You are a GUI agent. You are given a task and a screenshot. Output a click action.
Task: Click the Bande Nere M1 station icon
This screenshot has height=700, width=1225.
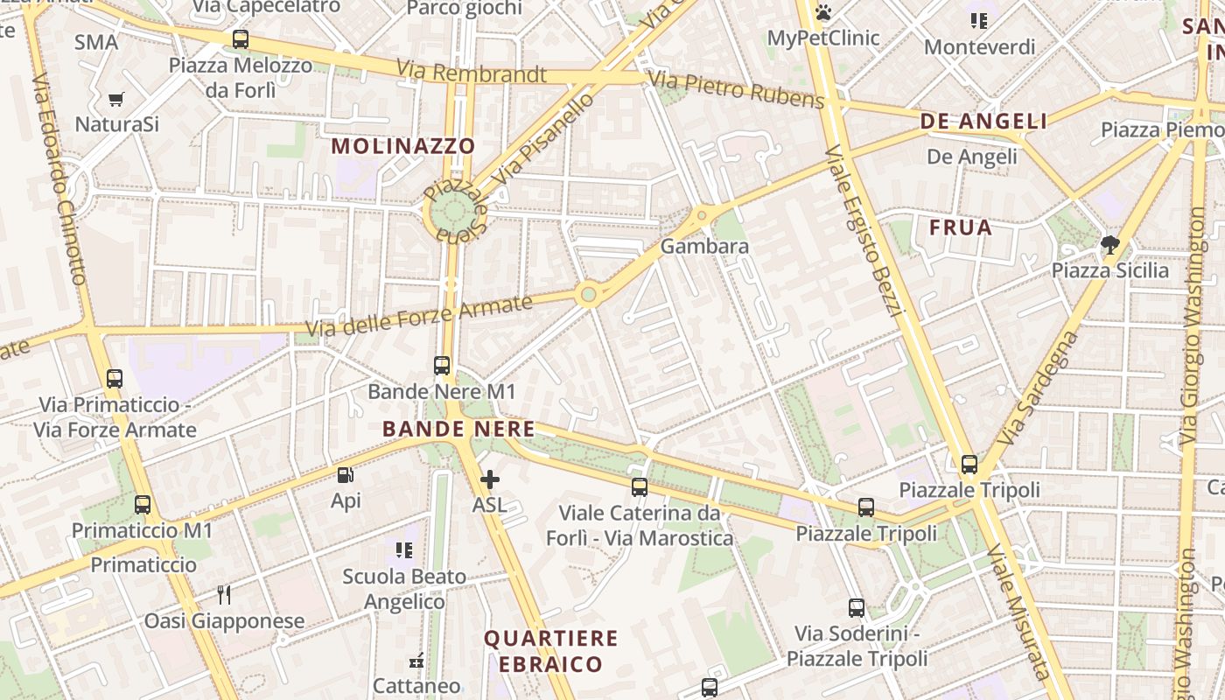[442, 366]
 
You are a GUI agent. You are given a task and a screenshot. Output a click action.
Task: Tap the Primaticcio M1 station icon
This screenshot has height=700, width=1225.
[142, 505]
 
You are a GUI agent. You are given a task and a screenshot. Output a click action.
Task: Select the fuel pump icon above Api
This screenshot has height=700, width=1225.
[346, 475]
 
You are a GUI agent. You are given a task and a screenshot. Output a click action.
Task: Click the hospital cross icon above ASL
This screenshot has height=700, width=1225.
[489, 479]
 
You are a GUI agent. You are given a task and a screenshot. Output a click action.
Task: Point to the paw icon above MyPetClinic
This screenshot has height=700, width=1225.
[822, 12]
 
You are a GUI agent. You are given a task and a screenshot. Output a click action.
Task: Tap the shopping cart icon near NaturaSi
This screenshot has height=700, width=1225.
[116, 99]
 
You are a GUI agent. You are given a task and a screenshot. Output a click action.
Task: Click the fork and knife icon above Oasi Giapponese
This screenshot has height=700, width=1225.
[224, 595]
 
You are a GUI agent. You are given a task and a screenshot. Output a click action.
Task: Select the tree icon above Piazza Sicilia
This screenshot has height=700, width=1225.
[1110, 245]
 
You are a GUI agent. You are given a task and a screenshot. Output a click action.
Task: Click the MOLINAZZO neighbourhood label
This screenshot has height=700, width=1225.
[404, 146]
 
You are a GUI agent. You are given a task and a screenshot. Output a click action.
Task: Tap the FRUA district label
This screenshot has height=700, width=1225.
[961, 228]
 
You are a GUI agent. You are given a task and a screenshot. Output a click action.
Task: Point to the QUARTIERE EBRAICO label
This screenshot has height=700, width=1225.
[551, 651]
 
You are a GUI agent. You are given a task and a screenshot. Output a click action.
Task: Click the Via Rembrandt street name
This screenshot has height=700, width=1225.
[472, 72]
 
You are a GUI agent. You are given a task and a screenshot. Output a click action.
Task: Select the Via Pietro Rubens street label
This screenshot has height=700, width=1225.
[737, 91]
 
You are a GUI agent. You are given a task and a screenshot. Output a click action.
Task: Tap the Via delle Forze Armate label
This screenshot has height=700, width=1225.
[419, 317]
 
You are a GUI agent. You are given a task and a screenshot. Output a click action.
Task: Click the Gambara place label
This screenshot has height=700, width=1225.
[704, 247]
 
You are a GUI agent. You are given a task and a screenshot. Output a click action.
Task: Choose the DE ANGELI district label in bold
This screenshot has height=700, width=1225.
[983, 122]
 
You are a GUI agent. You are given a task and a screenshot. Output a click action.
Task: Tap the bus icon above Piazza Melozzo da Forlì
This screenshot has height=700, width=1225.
[240, 39]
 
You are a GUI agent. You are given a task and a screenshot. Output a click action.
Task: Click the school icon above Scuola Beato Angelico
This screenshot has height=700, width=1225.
[403, 550]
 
